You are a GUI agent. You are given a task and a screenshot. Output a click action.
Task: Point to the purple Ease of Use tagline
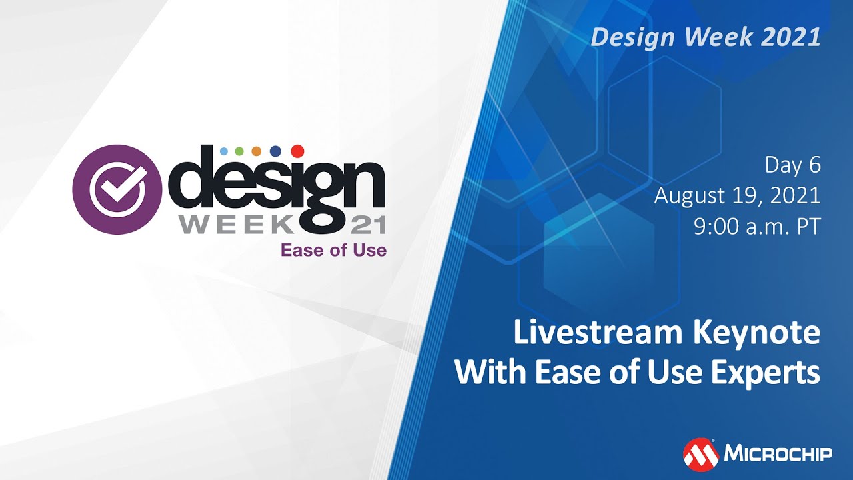[333, 251]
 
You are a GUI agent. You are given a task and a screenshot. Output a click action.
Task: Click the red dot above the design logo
[297, 151]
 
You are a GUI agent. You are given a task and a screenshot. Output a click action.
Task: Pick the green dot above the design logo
[239, 151]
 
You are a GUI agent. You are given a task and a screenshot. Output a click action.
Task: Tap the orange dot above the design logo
[257, 151]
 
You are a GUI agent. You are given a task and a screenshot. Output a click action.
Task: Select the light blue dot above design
[223, 151]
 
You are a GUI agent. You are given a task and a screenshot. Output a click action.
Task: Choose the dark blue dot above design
[275, 151]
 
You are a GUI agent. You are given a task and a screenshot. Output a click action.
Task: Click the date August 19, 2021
[737, 196]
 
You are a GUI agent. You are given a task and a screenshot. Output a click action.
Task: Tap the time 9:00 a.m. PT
[756, 227]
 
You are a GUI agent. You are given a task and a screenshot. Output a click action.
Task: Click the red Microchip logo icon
[700, 455]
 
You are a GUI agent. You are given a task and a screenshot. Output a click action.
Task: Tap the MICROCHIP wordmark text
[778, 455]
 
